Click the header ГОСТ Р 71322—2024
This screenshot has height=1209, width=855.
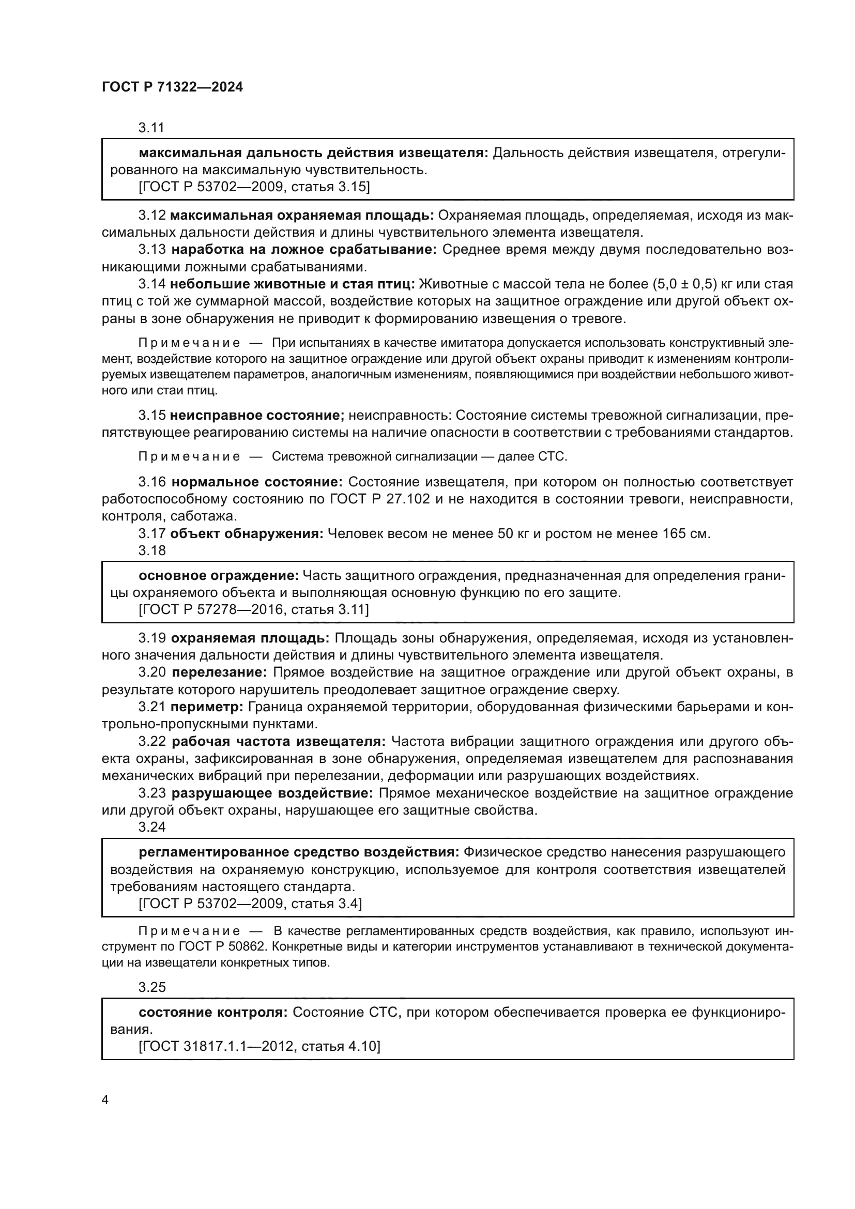[x=172, y=87]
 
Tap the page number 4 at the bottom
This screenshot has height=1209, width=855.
[x=105, y=1100]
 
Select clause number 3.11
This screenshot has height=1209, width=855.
[x=151, y=128]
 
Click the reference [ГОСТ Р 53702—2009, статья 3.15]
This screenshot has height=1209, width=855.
[x=254, y=187]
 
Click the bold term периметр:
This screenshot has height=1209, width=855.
[x=207, y=707]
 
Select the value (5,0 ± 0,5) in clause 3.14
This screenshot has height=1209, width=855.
[x=685, y=284]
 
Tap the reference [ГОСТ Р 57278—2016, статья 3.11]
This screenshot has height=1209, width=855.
[x=254, y=610]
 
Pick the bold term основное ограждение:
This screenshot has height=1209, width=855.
[x=219, y=575]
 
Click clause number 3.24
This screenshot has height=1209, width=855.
[x=151, y=827]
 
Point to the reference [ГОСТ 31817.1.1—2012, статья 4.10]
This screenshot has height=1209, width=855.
[x=259, y=1044]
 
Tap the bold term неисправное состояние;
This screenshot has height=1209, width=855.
[x=257, y=416]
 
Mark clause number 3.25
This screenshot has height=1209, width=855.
[x=151, y=987]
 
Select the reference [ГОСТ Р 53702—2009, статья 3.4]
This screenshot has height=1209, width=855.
[x=250, y=904]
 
